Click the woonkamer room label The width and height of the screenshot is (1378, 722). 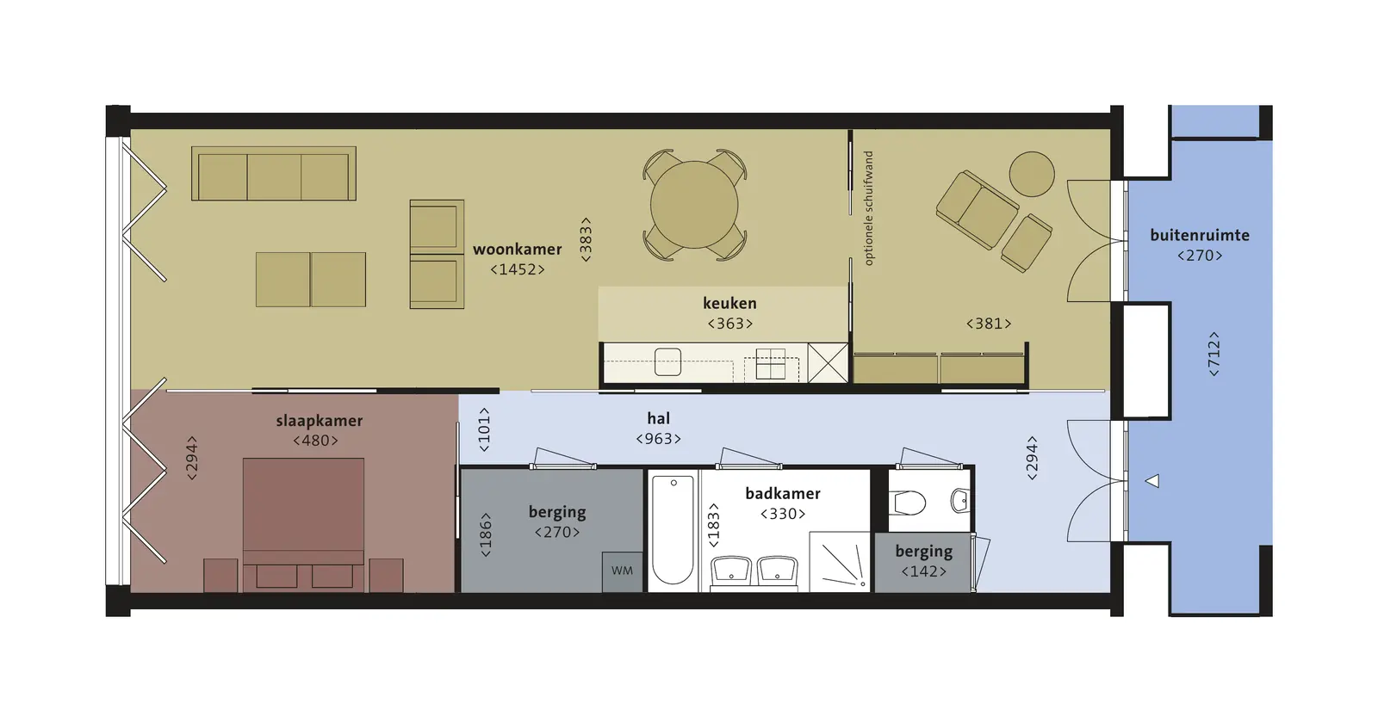pos(517,249)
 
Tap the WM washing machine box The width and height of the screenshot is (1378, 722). pos(622,572)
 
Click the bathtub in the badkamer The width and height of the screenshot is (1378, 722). pos(673,530)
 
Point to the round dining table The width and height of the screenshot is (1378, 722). pos(694,205)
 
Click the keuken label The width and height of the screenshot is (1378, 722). pos(729,303)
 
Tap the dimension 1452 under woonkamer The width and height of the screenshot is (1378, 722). pos(518,269)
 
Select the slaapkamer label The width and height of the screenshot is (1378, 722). pos(319,421)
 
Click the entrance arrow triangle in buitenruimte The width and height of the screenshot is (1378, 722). pos(1152,481)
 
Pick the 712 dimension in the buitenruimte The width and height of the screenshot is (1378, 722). pos(1214,354)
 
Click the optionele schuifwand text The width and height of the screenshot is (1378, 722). pos(869,208)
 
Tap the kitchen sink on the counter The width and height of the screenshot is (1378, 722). pos(667,362)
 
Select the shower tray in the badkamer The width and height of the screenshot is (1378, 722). pos(840,562)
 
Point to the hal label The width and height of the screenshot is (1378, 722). pos(658,418)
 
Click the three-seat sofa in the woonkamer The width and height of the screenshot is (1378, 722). pos(274,173)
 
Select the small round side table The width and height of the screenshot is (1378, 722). pos(1032,174)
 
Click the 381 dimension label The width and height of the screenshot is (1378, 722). pos(989,324)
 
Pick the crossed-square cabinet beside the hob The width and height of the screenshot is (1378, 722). pos(828,362)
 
